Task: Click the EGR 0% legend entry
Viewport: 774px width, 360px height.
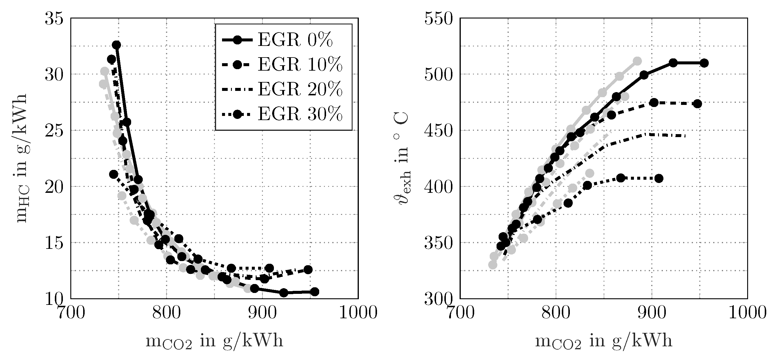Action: tap(283, 40)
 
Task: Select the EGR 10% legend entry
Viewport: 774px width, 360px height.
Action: tap(283, 64)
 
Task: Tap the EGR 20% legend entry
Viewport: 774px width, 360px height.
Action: tap(283, 89)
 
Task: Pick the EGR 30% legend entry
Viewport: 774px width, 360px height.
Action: tap(283, 114)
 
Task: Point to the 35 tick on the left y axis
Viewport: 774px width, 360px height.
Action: tap(54, 19)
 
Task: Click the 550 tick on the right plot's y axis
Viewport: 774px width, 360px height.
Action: tap(438, 19)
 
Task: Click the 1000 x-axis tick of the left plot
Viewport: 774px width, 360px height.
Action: tap(358, 313)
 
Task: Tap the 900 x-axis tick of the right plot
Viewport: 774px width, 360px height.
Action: tap(652, 313)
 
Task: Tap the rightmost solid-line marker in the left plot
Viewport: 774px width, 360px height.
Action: tap(315, 291)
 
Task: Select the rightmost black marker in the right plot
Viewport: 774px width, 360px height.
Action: tap(704, 63)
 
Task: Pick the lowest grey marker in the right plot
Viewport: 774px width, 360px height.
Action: tap(493, 265)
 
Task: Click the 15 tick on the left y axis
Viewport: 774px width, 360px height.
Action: tap(54, 243)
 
